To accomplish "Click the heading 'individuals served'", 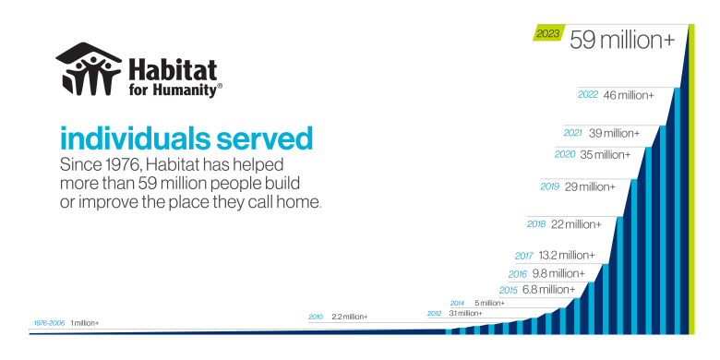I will [x=186, y=138].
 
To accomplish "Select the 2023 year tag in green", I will [x=547, y=34].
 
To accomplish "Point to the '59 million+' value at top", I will [x=622, y=39].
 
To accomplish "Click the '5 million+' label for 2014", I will [x=490, y=303].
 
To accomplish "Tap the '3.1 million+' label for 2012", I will [x=465, y=314].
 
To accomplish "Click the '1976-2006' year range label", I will [x=50, y=322].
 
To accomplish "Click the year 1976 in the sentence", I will [x=114, y=165].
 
